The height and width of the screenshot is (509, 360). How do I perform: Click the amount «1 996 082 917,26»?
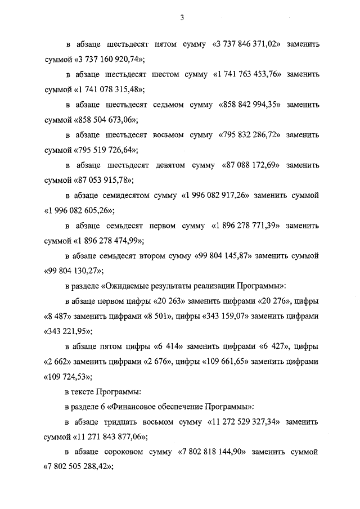214,196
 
